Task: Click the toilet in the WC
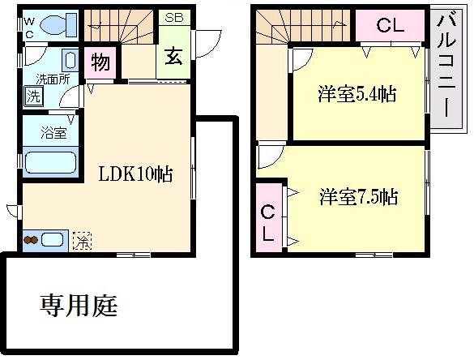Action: [x=58, y=24]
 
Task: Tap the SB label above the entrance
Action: [x=174, y=18]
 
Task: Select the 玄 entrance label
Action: [x=173, y=57]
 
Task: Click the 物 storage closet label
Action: [x=100, y=62]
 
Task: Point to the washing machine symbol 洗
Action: [x=33, y=96]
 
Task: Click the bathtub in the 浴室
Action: [x=50, y=162]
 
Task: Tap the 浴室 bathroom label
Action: [x=53, y=133]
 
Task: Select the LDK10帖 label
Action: [x=136, y=174]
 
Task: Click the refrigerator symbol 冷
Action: [x=82, y=241]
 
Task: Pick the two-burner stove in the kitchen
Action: [x=31, y=240]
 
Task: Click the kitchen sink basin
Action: [x=52, y=240]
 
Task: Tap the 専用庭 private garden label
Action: [x=79, y=305]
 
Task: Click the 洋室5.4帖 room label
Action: [x=357, y=94]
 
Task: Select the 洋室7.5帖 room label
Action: [x=358, y=197]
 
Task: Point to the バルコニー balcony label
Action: [x=446, y=66]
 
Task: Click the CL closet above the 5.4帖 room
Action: [x=391, y=26]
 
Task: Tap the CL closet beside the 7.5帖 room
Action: [x=268, y=223]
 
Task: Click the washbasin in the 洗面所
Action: [x=70, y=60]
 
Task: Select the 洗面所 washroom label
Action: [x=53, y=79]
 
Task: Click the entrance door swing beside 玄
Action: [x=209, y=44]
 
